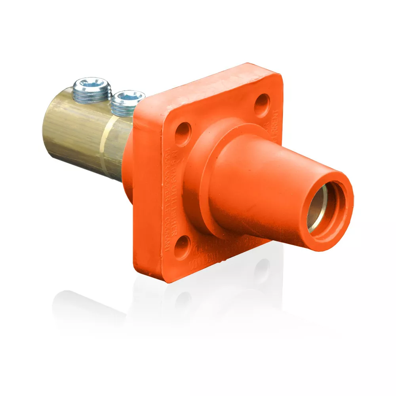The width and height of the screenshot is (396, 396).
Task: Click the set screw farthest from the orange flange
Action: pos(91,88)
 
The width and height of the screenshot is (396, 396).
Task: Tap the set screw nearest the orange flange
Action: pos(127,101)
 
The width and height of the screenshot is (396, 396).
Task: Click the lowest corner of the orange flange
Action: pos(166,279)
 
